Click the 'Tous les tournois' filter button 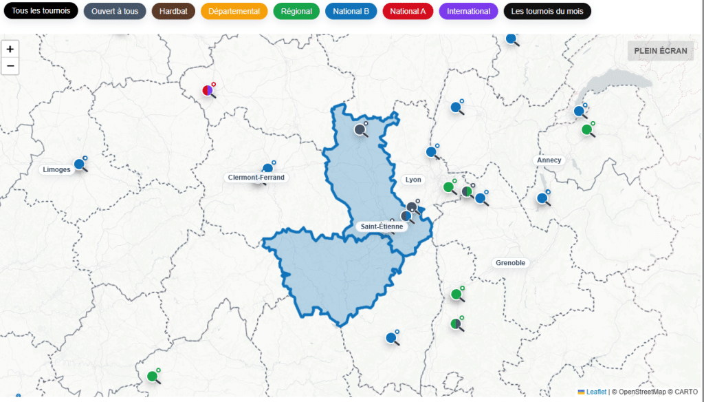point(41,11)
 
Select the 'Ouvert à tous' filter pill point(115,11)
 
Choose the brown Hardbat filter point(173,11)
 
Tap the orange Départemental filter point(234,11)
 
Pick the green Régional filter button point(296,11)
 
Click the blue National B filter point(351,11)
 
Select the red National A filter point(408,11)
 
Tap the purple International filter point(468,11)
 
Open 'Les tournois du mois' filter point(547,11)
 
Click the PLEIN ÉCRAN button point(660,50)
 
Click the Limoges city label point(56,169)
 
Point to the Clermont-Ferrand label point(256,178)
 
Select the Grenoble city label point(510,263)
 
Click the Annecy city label point(549,160)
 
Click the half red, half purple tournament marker point(208,90)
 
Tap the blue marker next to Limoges point(80,164)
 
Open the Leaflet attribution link point(596,392)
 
